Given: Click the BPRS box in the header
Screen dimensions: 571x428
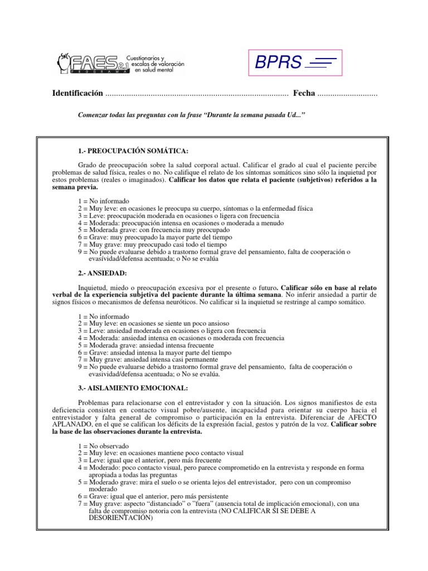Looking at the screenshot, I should point(295,62).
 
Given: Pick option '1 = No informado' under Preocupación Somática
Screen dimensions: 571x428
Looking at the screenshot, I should point(104,200).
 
